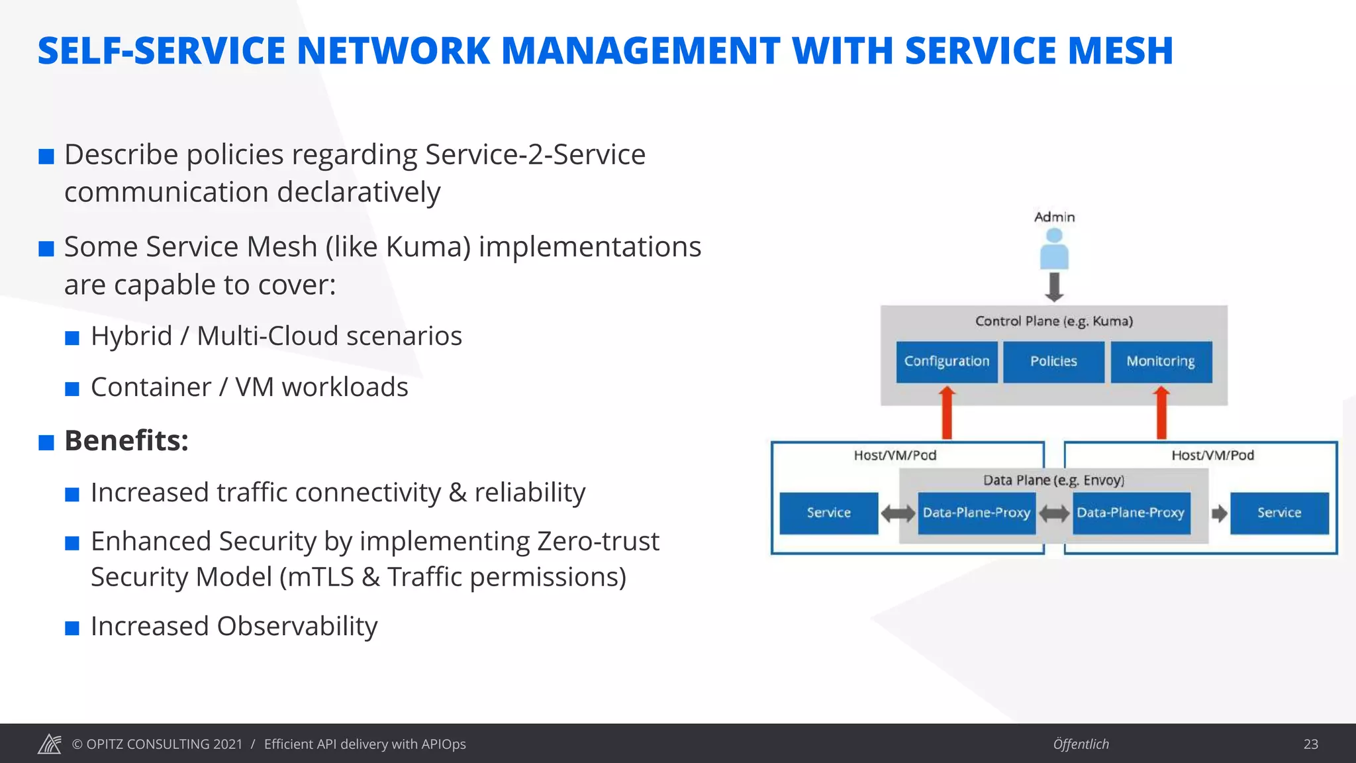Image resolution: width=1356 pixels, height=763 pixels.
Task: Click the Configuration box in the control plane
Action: coord(946,362)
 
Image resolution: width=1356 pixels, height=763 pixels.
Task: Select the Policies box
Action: coord(1053,362)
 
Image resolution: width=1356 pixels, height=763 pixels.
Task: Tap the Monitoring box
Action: coord(1161,362)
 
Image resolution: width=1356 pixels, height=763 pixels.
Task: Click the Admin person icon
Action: coord(1054,250)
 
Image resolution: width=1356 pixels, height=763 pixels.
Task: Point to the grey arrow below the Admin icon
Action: coord(1054,287)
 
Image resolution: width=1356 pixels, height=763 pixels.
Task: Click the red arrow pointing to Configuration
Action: coord(947,413)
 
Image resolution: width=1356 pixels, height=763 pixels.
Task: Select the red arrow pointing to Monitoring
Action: coord(1161,413)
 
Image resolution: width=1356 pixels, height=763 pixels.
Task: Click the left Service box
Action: coord(828,513)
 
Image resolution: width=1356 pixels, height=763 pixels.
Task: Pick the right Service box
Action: coord(1279,513)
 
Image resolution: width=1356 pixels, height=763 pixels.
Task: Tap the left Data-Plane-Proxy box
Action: coord(976,513)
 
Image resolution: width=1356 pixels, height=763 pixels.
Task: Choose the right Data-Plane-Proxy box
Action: coord(1131,513)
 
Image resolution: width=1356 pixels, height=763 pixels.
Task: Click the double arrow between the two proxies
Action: coord(1054,513)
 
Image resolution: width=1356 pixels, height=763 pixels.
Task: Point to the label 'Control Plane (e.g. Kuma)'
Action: coord(1053,321)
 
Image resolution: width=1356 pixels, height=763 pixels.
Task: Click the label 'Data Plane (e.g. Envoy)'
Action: coord(1053,480)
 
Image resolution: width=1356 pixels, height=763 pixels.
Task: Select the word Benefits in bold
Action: coord(126,441)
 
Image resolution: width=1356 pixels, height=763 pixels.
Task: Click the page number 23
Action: coord(1310,744)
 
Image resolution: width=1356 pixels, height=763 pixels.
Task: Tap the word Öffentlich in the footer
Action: coord(1081,744)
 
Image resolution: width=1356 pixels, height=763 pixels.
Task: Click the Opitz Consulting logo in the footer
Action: coord(50,744)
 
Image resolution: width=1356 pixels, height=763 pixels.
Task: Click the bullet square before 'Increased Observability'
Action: coord(72,628)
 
